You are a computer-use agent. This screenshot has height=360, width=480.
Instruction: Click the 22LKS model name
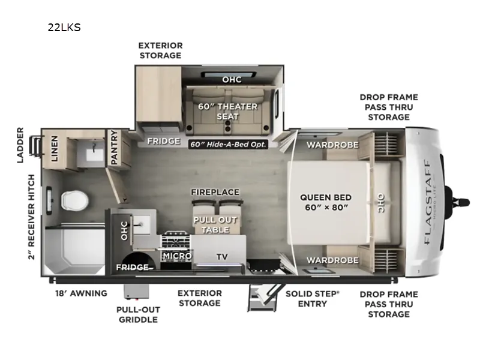[x=64, y=28]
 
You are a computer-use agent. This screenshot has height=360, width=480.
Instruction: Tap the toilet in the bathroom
[x=74, y=201]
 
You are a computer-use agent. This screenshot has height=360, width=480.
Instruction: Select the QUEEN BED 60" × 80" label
[x=326, y=202]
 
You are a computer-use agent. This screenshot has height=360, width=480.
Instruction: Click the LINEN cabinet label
[x=54, y=148]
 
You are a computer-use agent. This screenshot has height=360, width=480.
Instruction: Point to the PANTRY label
[x=114, y=147]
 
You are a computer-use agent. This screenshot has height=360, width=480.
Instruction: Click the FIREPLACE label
[x=215, y=192]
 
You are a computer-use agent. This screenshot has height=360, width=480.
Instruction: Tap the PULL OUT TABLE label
[x=215, y=224]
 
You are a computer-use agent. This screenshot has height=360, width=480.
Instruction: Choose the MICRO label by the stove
[x=177, y=256]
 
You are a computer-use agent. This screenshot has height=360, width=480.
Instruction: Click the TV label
[x=222, y=257]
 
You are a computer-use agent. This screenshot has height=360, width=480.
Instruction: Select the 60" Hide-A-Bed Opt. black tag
[x=228, y=144]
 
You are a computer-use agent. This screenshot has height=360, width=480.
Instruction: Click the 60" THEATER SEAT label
[x=228, y=112]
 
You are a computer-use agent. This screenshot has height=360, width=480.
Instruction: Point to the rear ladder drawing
[x=35, y=145]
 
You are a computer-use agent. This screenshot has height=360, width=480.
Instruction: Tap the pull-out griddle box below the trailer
[x=136, y=291]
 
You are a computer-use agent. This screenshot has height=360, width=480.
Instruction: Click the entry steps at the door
[x=262, y=298]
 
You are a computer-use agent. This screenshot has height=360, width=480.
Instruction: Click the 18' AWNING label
[x=81, y=293]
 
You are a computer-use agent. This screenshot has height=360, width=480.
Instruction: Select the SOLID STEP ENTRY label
[x=313, y=299]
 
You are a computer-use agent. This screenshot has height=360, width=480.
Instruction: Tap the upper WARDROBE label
[x=333, y=145]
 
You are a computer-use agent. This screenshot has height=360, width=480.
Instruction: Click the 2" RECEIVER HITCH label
[x=32, y=217]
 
